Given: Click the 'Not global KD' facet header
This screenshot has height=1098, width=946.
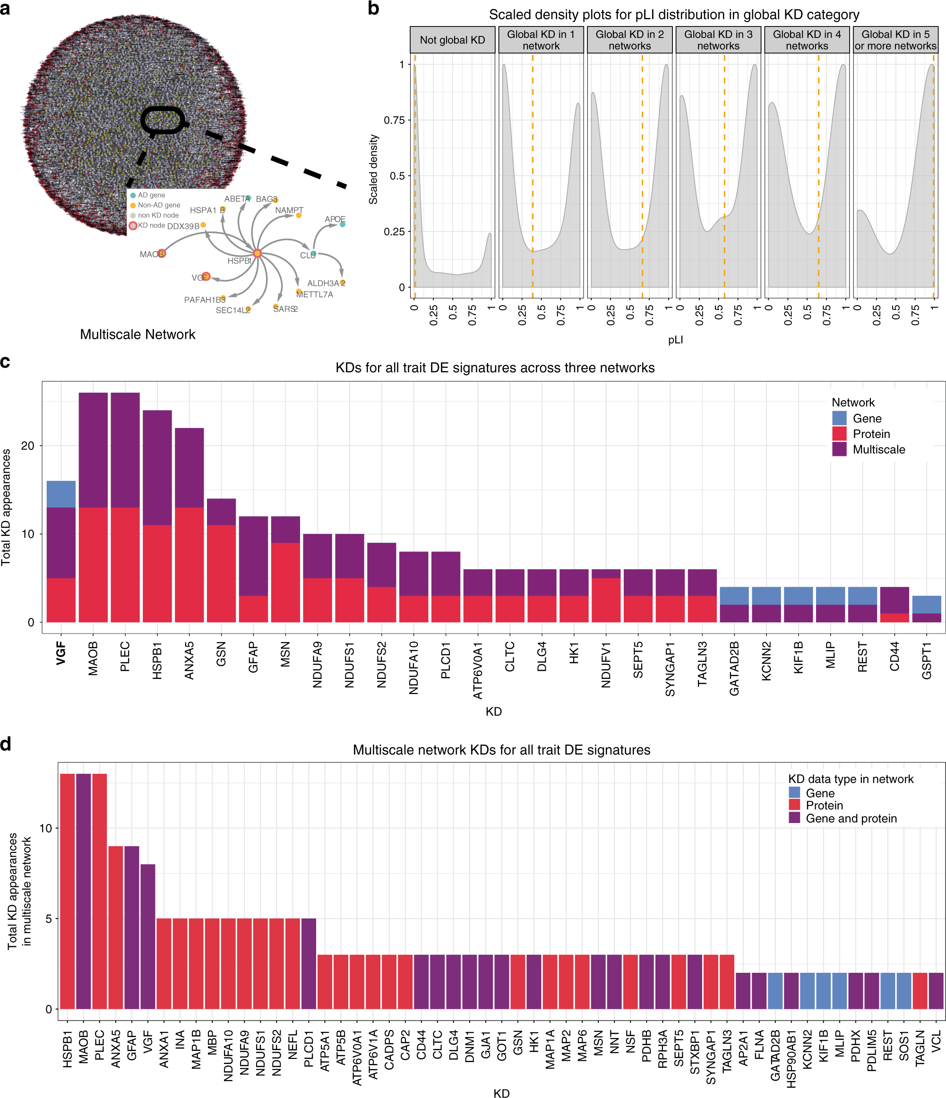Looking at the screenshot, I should (x=452, y=40).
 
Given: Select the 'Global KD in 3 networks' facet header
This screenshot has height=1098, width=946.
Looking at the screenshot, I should (x=718, y=40).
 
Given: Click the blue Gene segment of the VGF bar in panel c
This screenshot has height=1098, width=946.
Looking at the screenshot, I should (x=61, y=494).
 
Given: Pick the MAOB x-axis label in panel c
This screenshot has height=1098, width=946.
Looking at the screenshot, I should (x=93, y=658).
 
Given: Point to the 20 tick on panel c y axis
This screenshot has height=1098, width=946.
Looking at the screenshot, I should (x=27, y=446).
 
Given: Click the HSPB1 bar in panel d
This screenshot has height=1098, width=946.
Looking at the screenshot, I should (x=67, y=890).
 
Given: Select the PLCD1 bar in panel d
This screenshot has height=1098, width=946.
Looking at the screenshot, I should (x=309, y=963).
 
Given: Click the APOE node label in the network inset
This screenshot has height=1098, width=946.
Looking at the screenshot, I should (x=335, y=219).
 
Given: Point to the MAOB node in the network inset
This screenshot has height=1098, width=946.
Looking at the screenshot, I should (x=162, y=253).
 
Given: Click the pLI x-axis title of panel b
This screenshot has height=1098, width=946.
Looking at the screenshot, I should (x=675, y=340).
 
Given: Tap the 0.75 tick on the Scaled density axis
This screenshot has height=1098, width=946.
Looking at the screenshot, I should (x=394, y=120).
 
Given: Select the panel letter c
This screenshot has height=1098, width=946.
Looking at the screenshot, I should (x=5, y=361).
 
